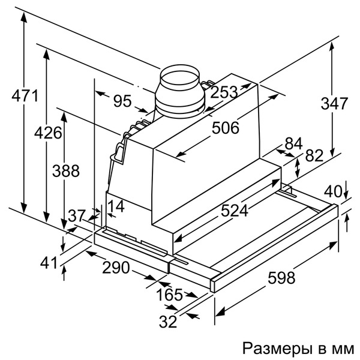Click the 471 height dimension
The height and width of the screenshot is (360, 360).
[x=25, y=95]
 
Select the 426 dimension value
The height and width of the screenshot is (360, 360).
[x=48, y=133]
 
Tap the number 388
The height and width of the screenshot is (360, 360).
[x=66, y=171]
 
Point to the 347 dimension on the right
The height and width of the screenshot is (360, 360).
[x=334, y=103]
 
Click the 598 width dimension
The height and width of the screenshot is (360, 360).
[x=281, y=278]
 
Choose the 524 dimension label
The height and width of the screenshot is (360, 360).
[x=235, y=211]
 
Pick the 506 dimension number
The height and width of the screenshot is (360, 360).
[x=225, y=128]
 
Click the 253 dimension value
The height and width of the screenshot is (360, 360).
[x=224, y=92]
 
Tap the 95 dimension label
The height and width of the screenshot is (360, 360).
[x=122, y=101]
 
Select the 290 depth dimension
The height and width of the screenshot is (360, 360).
[x=116, y=268]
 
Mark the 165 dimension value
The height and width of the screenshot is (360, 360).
[x=169, y=295]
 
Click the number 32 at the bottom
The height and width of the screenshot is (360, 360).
[x=168, y=322]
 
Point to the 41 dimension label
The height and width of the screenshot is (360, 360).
[x=49, y=263]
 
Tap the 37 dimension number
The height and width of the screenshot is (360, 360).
[x=77, y=216]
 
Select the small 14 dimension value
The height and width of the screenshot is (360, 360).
[x=116, y=206]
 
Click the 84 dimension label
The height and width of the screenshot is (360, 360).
[x=293, y=144]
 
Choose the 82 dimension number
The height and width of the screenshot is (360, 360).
[x=314, y=155]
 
